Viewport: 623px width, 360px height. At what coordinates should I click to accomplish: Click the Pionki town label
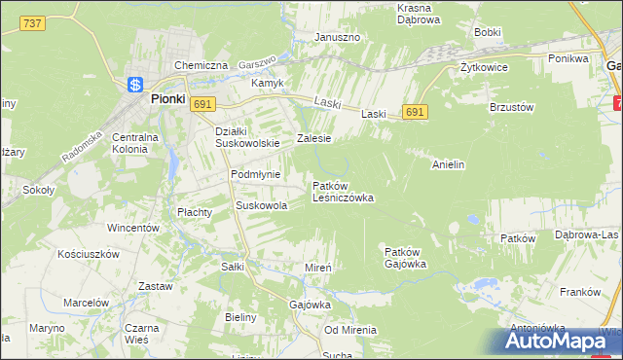coord(166,98)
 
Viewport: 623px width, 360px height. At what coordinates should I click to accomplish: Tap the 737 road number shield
coord(32,24)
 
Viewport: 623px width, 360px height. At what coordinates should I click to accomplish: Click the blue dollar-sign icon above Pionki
coord(135,85)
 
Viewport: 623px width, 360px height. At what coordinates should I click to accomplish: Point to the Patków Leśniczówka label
coord(343,191)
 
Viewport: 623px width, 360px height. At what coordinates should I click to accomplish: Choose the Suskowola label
coord(262,206)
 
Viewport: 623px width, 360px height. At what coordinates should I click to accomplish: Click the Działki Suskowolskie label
coord(247,137)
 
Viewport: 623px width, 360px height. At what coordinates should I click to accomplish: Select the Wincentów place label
coord(133,228)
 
